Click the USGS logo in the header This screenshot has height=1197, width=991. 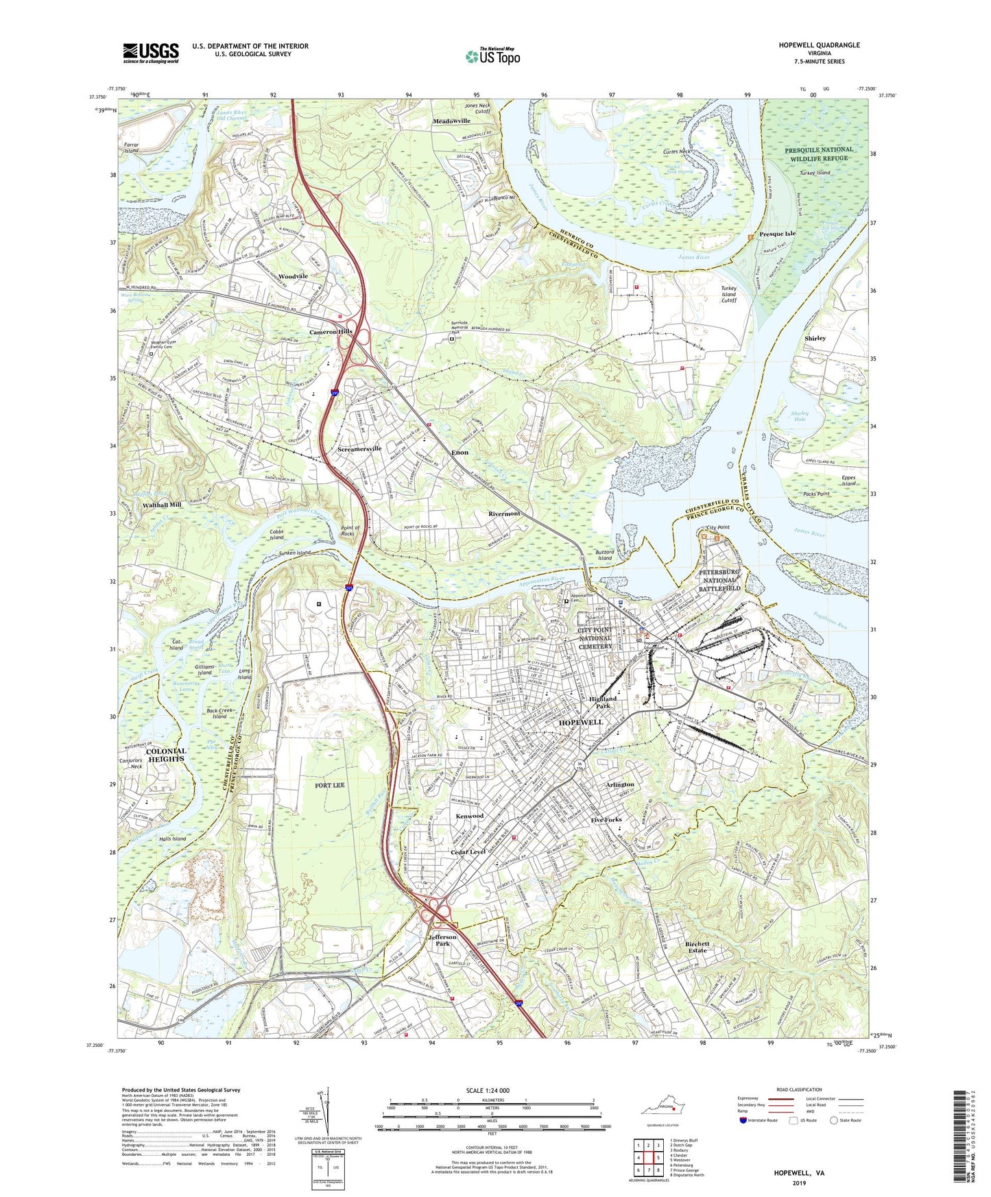151,53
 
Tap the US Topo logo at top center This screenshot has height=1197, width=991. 492,56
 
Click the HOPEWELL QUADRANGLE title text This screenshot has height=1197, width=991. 818,45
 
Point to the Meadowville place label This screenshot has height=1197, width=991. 451,121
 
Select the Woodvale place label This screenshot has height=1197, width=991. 293,276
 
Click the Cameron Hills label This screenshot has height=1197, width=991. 331,332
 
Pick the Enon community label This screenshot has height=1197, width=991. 459,452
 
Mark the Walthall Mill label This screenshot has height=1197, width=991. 162,505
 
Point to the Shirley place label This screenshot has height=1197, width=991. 815,339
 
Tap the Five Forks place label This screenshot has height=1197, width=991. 606,820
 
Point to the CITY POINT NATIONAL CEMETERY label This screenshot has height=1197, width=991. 595,638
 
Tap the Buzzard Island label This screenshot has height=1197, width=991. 604,555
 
